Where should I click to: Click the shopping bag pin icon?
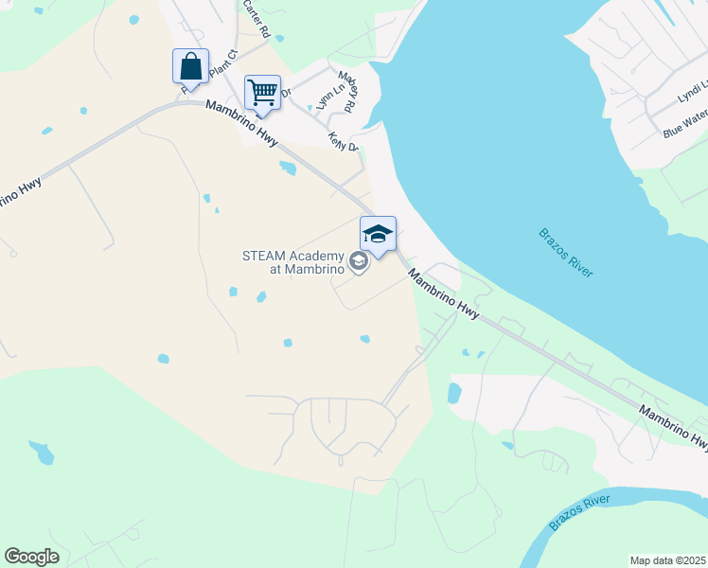[x=190, y=67]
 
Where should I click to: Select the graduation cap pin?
[x=378, y=234]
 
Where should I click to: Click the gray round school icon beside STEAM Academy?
[x=359, y=261]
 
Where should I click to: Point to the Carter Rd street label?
[x=257, y=17]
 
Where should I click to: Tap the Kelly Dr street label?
[x=343, y=140]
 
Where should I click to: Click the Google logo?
[x=31, y=557]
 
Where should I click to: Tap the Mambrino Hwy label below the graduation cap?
[x=445, y=293]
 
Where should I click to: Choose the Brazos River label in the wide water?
[x=566, y=253]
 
